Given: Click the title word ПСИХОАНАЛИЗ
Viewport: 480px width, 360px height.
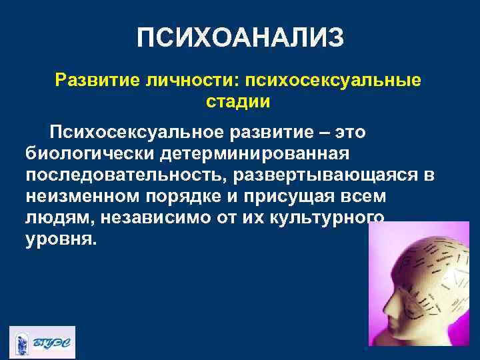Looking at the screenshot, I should pyautogui.click(x=240, y=38).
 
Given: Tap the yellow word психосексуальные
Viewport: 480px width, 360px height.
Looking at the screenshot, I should pyautogui.click(x=333, y=80).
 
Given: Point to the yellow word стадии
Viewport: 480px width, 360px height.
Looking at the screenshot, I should pyautogui.click(x=237, y=102).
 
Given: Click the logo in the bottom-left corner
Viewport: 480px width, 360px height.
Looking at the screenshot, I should pyautogui.click(x=42, y=342).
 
